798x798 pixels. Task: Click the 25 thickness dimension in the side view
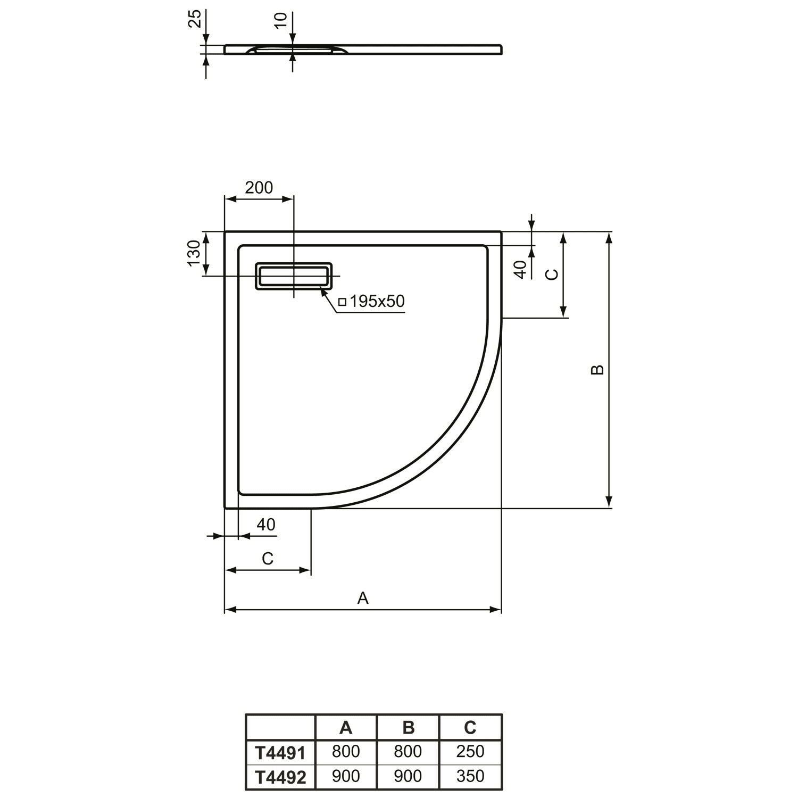[x=196, y=19]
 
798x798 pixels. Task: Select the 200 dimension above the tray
[x=259, y=187]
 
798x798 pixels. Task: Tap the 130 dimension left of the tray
[x=195, y=253]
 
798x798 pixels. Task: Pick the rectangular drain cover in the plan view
[x=294, y=276]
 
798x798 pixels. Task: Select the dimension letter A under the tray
[x=363, y=598]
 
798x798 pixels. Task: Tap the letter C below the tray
[x=268, y=559]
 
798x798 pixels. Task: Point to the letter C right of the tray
[x=553, y=275]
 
